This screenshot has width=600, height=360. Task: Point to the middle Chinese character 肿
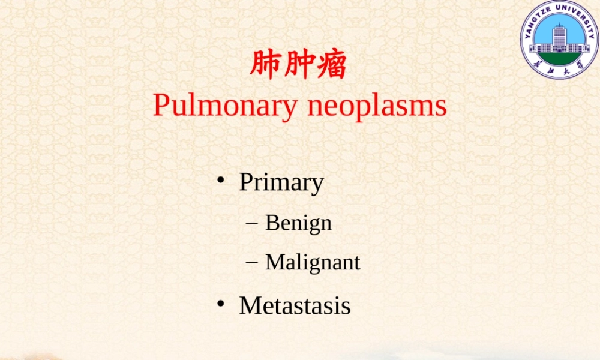point(298,65)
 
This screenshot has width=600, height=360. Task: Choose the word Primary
point(281,182)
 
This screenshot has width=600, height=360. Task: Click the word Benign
point(298,223)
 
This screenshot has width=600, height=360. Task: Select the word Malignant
point(313,262)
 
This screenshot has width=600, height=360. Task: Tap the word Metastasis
point(295,305)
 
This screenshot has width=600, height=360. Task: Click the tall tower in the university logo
point(559,38)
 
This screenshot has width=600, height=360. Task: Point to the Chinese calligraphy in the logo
point(559,70)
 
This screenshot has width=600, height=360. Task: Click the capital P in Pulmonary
point(160,106)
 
